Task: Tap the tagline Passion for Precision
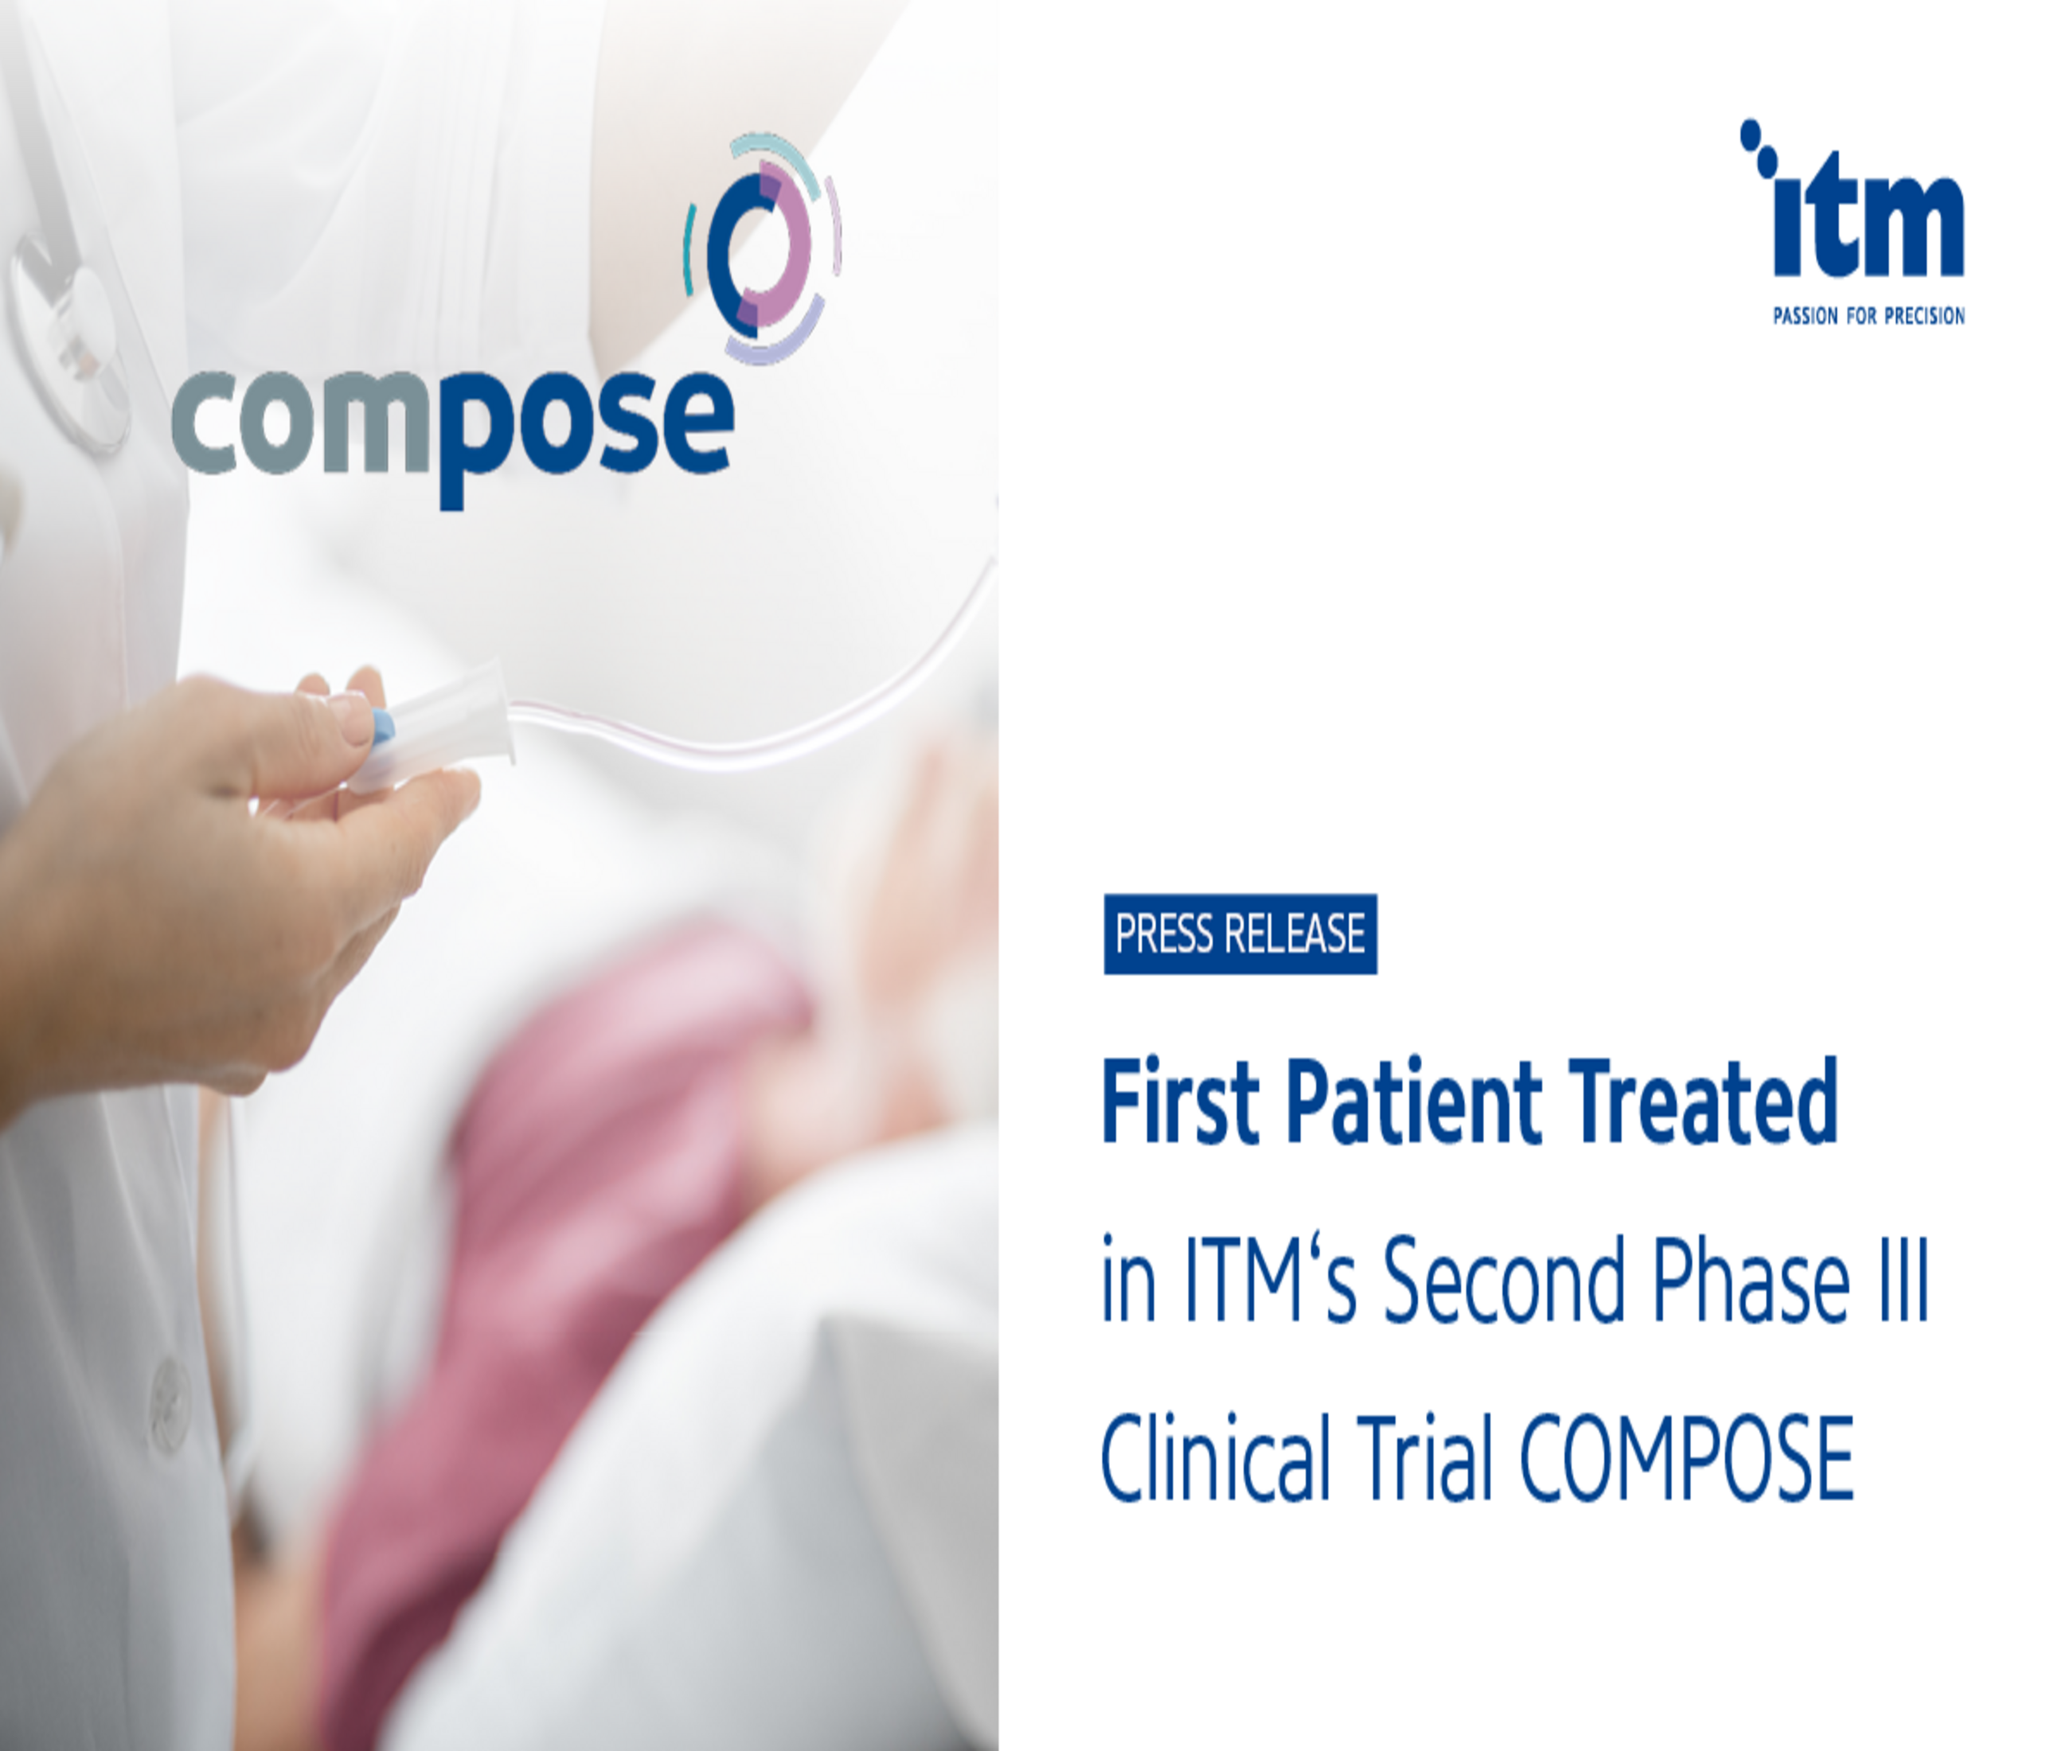tap(1869, 317)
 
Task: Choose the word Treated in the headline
tap(1704, 1102)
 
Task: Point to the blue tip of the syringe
tap(383, 727)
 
